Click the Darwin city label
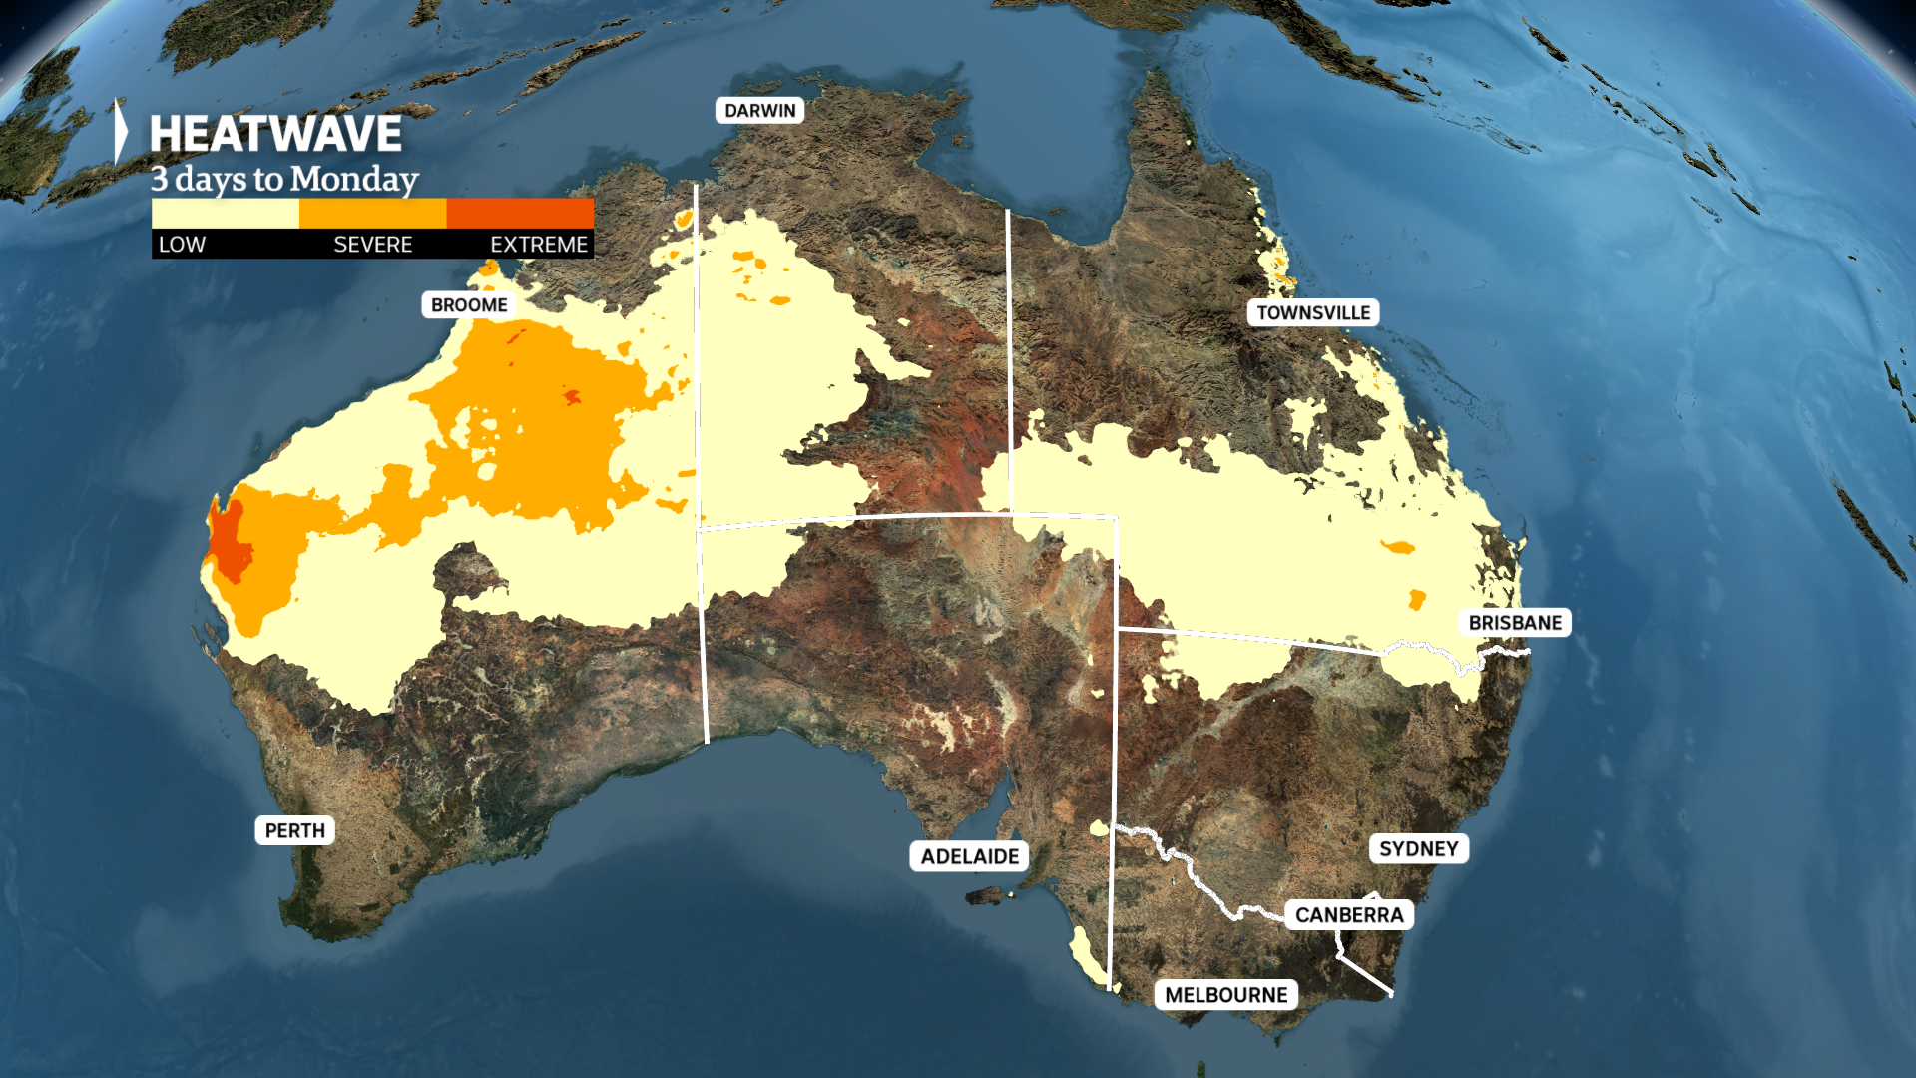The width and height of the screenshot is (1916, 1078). click(759, 110)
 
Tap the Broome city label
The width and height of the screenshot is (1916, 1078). click(469, 304)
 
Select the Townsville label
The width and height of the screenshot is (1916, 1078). click(1312, 312)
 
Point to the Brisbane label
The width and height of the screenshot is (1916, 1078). click(1514, 622)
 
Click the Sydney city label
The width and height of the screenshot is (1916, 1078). click(1418, 848)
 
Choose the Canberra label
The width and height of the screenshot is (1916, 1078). click(1348, 914)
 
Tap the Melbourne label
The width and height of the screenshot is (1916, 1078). click(1225, 994)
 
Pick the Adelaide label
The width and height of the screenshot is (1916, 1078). click(969, 855)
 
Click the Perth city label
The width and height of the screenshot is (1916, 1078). click(294, 830)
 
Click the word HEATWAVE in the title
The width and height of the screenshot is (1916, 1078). click(275, 134)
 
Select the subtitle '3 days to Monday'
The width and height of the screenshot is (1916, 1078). click(284, 179)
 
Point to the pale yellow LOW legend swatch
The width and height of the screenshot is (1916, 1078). click(225, 213)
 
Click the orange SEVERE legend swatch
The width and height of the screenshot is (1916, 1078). click(372, 213)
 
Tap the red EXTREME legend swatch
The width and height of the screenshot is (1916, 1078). click(520, 213)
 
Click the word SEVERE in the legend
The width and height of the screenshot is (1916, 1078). click(372, 245)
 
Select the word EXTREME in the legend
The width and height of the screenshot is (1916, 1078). click(538, 245)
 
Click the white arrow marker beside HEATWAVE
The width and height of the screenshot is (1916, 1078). click(121, 131)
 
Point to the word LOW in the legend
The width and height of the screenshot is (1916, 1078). click(182, 245)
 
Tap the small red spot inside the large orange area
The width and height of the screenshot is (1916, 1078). click(571, 397)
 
